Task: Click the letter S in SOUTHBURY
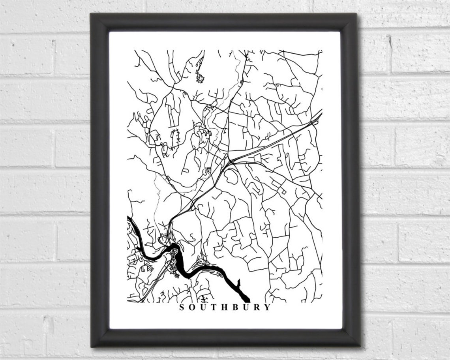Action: coord(182,307)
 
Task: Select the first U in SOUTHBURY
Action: coord(204,307)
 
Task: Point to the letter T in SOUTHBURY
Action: coord(214,307)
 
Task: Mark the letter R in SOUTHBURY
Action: coord(257,307)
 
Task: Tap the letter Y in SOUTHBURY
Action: coord(268,307)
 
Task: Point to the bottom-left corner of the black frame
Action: coord(91,347)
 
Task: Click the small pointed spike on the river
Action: coord(239,282)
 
